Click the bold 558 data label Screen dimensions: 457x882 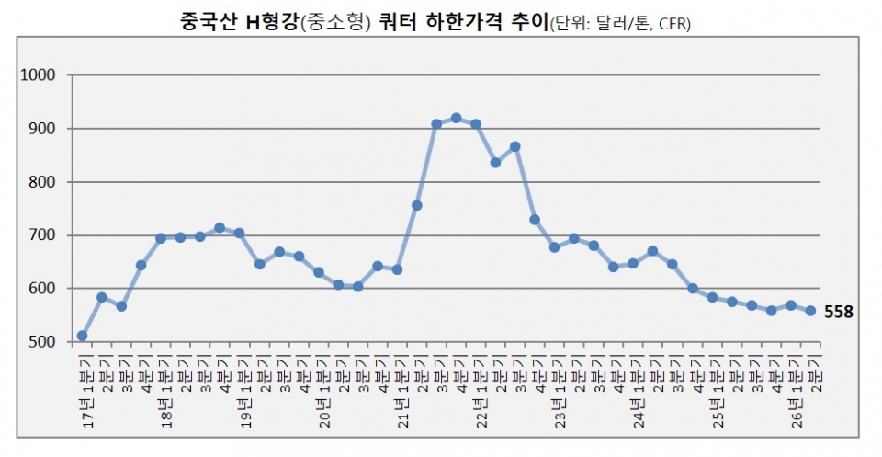pyautogui.click(x=839, y=313)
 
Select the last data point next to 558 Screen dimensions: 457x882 pyautogui.click(x=810, y=311)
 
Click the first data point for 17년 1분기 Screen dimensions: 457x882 pyautogui.click(x=82, y=336)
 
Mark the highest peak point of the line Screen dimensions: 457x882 pyautogui.click(x=456, y=118)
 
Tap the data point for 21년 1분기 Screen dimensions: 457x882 pyautogui.click(x=397, y=269)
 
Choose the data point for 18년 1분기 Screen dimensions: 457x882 pyautogui.click(x=161, y=238)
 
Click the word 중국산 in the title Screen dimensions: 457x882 pyautogui.click(x=209, y=20)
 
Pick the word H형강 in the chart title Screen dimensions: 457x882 pyautogui.click(x=270, y=20)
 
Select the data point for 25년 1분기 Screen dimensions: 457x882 pyautogui.click(x=712, y=297)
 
